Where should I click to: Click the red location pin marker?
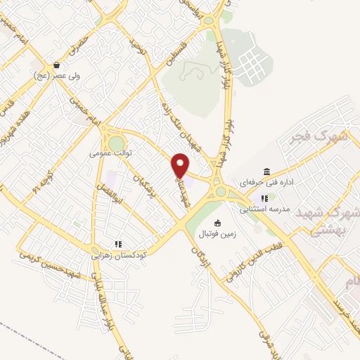point(181,165)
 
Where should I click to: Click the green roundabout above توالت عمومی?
point(115,143)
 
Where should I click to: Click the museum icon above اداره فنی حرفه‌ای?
point(266,172)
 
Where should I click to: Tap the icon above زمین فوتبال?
point(217,223)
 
